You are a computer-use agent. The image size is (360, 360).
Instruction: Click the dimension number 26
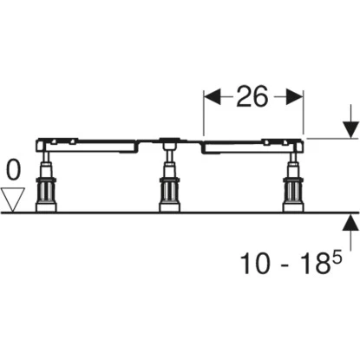pyautogui.click(x=252, y=96)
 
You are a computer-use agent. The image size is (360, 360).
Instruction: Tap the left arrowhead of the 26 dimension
pyautogui.click(x=212, y=97)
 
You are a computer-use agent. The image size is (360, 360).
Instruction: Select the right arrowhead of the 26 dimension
pyautogui.click(x=295, y=97)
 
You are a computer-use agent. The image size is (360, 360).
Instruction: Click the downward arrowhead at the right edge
pyautogui.click(x=350, y=130)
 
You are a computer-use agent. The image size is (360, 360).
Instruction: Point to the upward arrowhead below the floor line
pyautogui.click(x=350, y=222)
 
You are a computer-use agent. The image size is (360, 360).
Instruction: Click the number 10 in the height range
pyautogui.click(x=255, y=263)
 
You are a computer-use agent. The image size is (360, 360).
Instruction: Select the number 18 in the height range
pyautogui.click(x=311, y=263)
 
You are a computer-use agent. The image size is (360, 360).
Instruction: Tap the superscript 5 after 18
pyautogui.click(x=336, y=258)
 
